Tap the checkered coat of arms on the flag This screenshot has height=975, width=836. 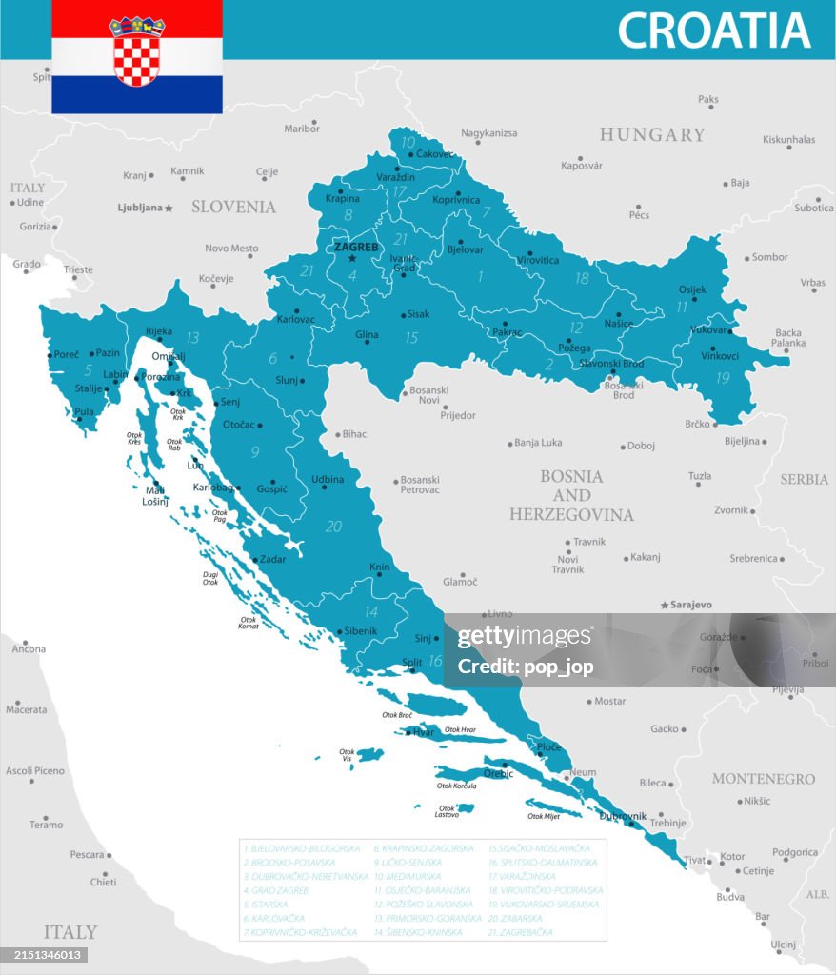coord(137,52)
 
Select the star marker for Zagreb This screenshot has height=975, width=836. coord(352,258)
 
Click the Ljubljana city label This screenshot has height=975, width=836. coord(139,207)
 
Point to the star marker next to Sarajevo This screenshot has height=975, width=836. coord(665,605)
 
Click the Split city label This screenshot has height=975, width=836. coord(412,662)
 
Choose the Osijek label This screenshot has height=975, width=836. coord(692,289)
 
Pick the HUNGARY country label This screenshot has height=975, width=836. coord(652,134)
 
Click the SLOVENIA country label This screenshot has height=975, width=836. coord(233,207)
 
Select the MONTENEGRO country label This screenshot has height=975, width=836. coord(764,779)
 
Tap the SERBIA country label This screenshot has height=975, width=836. coord(804,479)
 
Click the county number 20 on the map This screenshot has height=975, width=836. coord(333,526)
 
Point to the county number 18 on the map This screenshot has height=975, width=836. coord(582,279)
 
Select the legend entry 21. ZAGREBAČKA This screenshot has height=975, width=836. coord(520,932)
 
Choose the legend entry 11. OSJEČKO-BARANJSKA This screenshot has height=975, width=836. coord(423,890)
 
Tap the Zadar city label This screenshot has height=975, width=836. coord(272,559)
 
